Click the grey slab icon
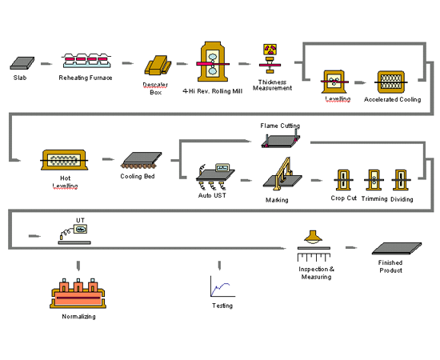pyautogui.click(x=22, y=63)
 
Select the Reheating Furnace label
pyautogui.click(x=86, y=78)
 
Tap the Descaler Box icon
pyautogui.click(x=158, y=66)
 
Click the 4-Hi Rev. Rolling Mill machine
pyautogui.click(x=213, y=62)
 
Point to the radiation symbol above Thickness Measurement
pyautogui.click(x=270, y=50)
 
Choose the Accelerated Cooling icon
pyautogui.click(x=391, y=82)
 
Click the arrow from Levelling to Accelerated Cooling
pyautogui.click(x=360, y=82)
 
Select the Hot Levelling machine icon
pyautogui.click(x=64, y=160)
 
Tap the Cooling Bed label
pyautogui.click(x=138, y=176)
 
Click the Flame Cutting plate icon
pyautogui.click(x=281, y=140)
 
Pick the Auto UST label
pyautogui.click(x=212, y=195)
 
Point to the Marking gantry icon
pyautogui.click(x=283, y=174)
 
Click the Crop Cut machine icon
pyautogui.click(x=343, y=180)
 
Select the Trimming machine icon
pyautogui.click(x=374, y=180)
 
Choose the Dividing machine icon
pyautogui.click(x=401, y=180)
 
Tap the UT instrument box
pyautogui.click(x=80, y=230)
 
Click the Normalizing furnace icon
pyautogui.click(x=78, y=294)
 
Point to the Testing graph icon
pyautogui.click(x=223, y=286)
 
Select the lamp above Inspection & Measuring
pyautogui.click(x=313, y=237)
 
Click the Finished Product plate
pyautogui.click(x=397, y=248)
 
